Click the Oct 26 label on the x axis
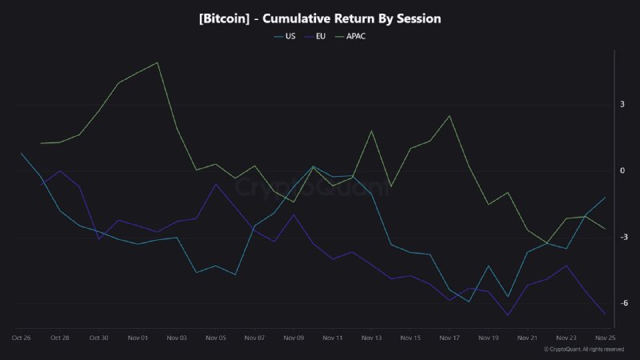(21, 338)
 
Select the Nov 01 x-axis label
(138, 338)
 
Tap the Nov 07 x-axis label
(254, 338)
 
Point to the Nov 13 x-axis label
(371, 338)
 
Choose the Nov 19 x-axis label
(488, 338)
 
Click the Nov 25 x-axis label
(605, 338)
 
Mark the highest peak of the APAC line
(158, 62)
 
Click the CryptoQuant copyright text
(583, 350)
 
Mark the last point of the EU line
(605, 314)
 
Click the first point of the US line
(22, 153)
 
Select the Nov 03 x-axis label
(177, 338)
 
